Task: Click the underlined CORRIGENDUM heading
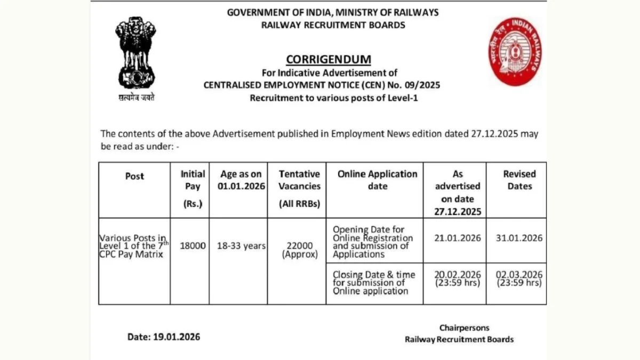(x=328, y=59)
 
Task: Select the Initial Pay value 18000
(x=193, y=246)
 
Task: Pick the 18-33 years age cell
(x=241, y=246)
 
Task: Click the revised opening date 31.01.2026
(x=519, y=238)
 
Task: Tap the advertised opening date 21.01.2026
(x=457, y=238)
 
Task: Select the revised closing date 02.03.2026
(x=519, y=274)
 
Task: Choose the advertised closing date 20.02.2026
(x=457, y=274)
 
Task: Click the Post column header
(x=134, y=177)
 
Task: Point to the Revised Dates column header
(x=519, y=180)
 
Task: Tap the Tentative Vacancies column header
(x=299, y=180)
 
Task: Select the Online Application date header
(x=378, y=180)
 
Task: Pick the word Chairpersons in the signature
(x=464, y=327)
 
